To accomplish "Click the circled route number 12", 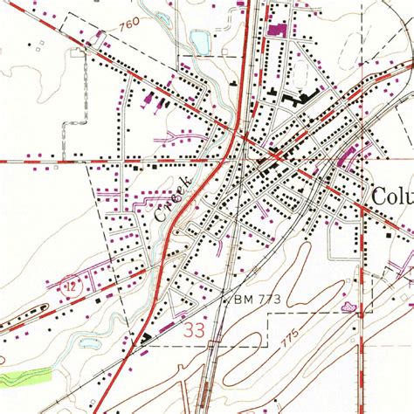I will (x=66, y=286).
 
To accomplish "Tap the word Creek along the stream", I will (x=173, y=197).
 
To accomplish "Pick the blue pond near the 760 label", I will (x=201, y=40).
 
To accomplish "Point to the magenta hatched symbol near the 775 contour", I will (x=350, y=307).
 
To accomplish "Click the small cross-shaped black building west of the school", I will (x=234, y=82).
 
